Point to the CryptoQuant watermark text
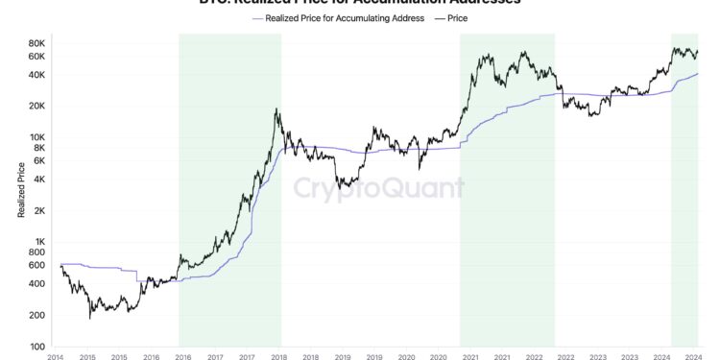click(379, 187)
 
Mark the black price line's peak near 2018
click(276, 109)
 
